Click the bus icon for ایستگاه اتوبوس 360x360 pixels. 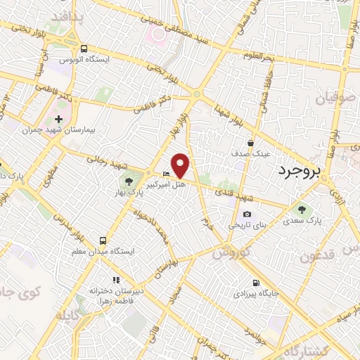point(84,49)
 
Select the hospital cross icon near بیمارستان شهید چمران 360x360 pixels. point(58,119)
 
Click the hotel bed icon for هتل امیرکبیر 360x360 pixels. point(166,174)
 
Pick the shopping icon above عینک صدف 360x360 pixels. point(250,142)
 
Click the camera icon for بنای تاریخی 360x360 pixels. point(247,214)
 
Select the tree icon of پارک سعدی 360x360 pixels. point(302,209)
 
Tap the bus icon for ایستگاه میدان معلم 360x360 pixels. point(104,240)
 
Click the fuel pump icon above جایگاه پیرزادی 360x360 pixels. point(254,283)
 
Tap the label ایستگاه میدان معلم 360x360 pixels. point(105,251)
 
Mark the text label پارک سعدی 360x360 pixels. point(303,221)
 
